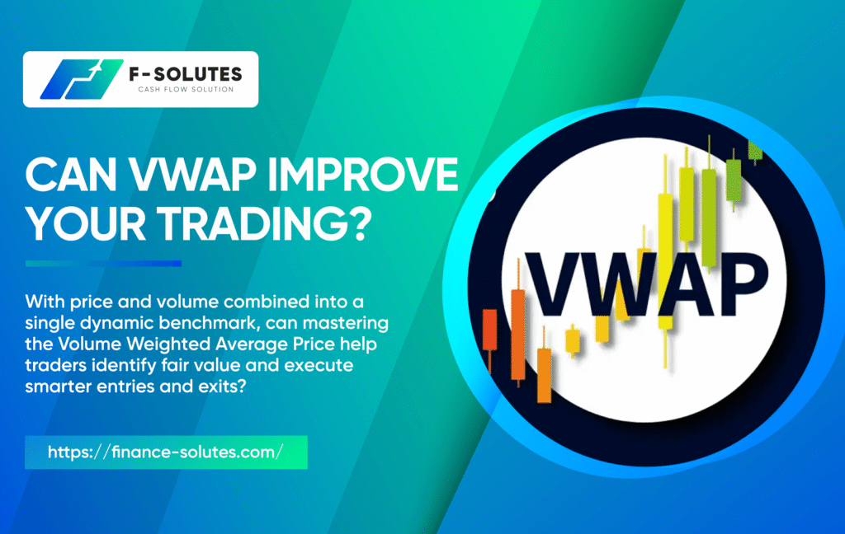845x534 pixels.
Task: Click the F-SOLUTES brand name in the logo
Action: pyautogui.click(x=186, y=74)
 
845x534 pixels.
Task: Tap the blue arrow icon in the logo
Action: pyautogui.click(x=82, y=79)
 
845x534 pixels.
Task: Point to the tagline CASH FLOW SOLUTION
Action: pyautogui.click(x=186, y=89)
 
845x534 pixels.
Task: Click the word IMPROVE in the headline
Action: pyautogui.click(x=363, y=175)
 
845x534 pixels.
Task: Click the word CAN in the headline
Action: pyautogui.click(x=71, y=175)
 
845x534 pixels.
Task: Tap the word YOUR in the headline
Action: pyautogui.click(x=86, y=223)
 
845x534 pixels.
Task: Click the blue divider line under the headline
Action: pyautogui.click(x=103, y=264)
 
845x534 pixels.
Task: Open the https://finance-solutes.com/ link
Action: pyautogui.click(x=165, y=452)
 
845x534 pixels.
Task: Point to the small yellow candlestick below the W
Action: pyautogui.click(x=573, y=340)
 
